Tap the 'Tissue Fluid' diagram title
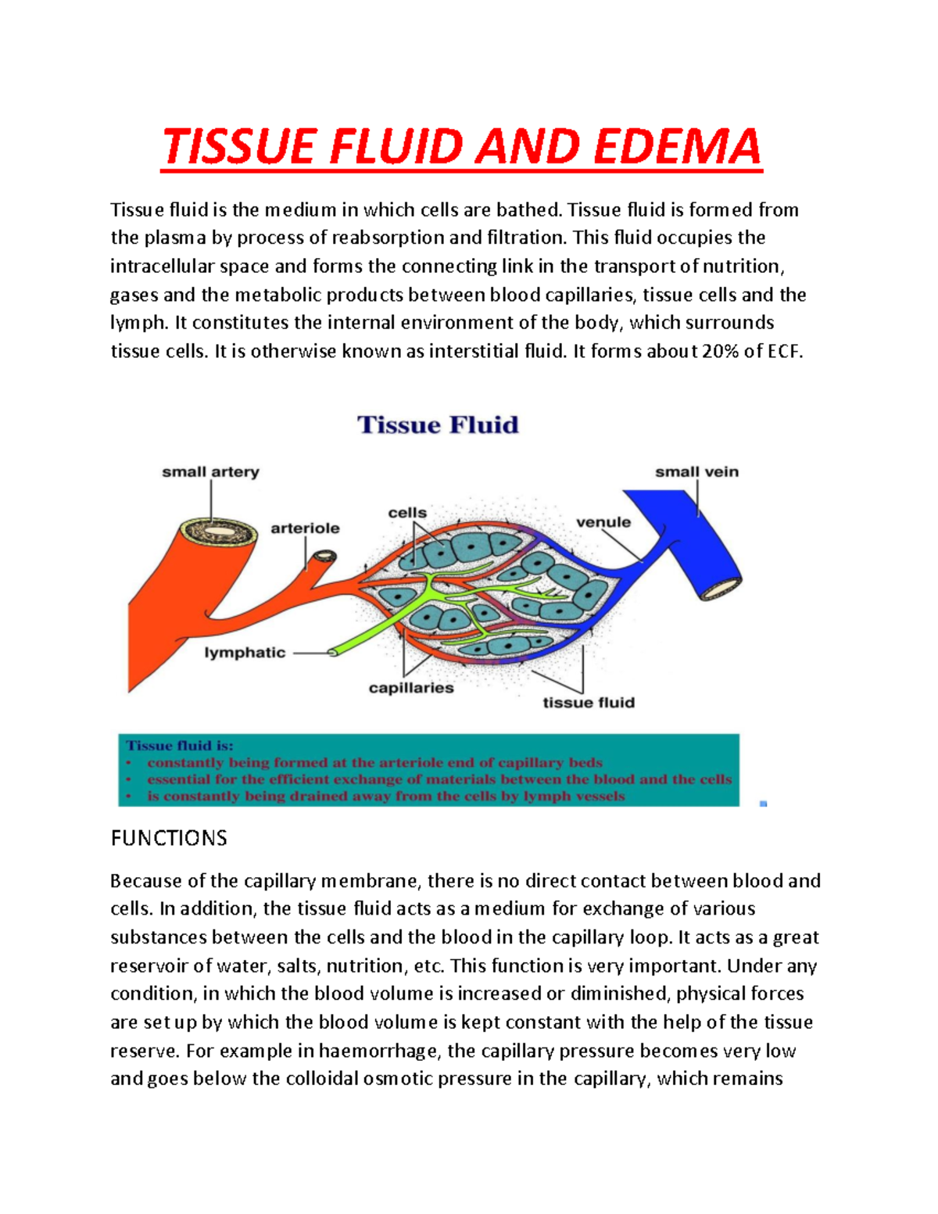pos(438,425)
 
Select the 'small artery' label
pos(210,472)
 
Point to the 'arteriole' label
pos(305,528)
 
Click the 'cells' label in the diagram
pos(407,513)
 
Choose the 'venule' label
pos(603,522)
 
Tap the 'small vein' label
pos(696,472)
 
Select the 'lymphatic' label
pos(245,653)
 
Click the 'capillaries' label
pos(411,688)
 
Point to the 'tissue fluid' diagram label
pos(589,703)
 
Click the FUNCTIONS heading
pos(169,839)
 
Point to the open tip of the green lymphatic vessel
pos(332,652)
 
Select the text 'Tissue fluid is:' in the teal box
pos(180,746)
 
